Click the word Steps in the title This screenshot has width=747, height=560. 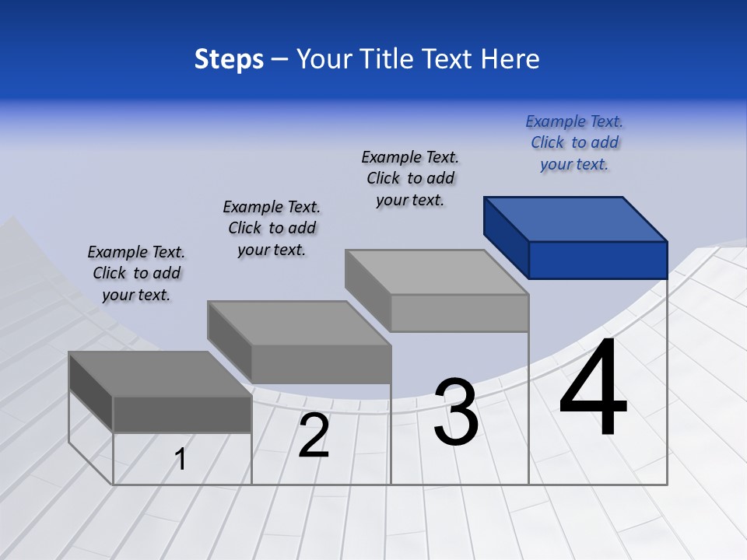pos(229,59)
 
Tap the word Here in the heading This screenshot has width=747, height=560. pos(510,59)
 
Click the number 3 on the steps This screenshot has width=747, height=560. pos(455,412)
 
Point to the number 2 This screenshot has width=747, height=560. pos(314,436)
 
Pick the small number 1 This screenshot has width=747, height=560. pos(181,459)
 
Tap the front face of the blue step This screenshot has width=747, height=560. pos(598,260)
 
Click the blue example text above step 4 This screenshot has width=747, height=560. pos(574,142)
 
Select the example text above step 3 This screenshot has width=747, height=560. pos(410,178)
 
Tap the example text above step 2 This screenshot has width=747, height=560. pos(272,228)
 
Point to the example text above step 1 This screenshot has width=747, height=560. pos(136,273)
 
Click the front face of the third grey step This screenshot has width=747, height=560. pos(459,313)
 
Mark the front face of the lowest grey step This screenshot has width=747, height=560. pos(182,414)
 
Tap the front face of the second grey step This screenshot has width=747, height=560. pos(321,364)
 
